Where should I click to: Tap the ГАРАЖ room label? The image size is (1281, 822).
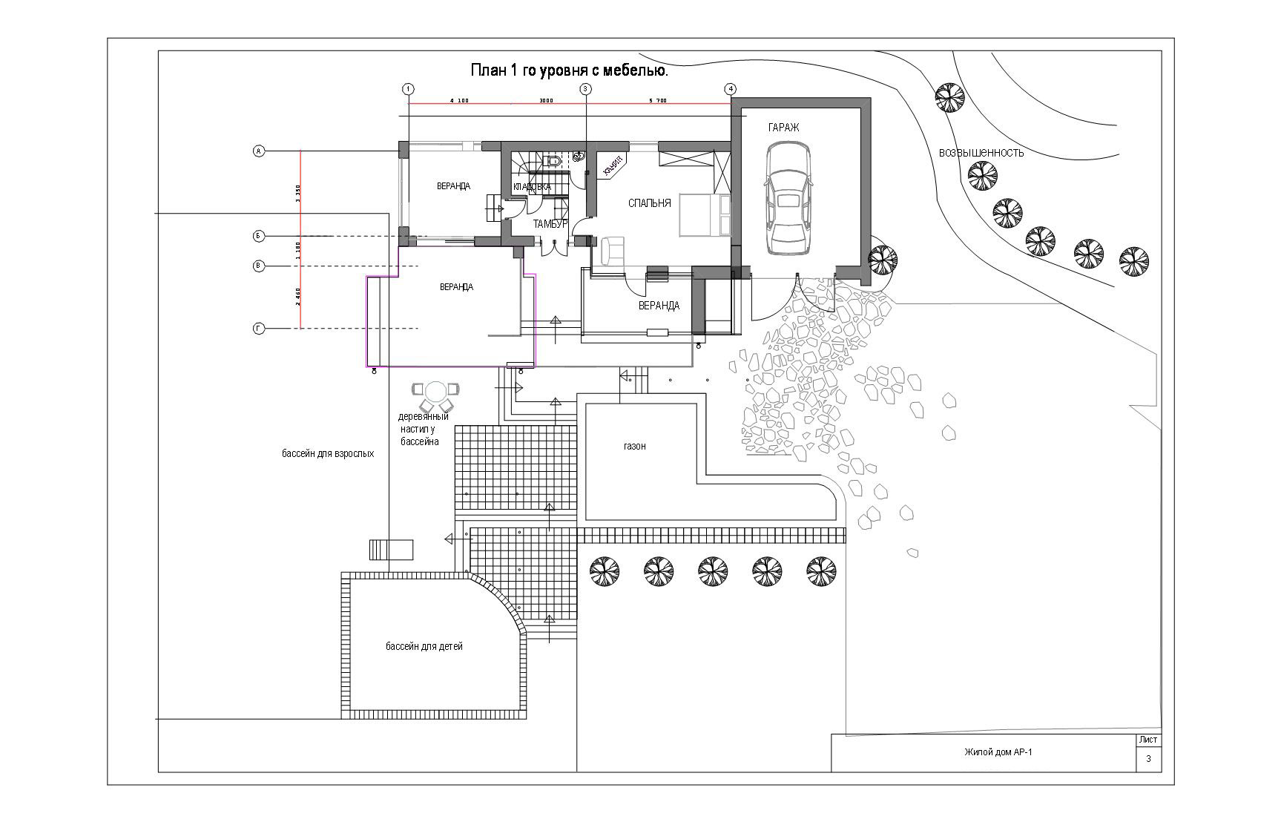click(x=783, y=128)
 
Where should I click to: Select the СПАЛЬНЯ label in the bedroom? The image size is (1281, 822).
click(x=649, y=203)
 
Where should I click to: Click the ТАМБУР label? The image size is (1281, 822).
click(x=550, y=223)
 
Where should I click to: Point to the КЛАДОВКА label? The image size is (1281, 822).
click(x=532, y=187)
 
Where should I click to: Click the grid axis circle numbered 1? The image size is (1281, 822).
click(x=408, y=89)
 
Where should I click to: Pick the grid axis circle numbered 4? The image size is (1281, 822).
click(x=731, y=89)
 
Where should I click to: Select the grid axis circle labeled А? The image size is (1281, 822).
click(x=259, y=151)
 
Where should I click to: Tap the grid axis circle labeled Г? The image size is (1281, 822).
click(x=259, y=328)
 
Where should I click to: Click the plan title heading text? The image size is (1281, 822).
click(x=570, y=71)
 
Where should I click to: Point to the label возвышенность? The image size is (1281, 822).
click(x=981, y=153)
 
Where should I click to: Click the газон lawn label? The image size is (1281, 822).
click(x=634, y=446)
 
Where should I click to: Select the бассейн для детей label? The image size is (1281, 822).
click(x=424, y=646)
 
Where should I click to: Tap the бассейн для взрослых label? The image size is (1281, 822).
click(x=327, y=453)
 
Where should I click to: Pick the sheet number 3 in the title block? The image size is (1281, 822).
click(x=1148, y=759)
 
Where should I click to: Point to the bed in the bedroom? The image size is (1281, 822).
click(x=705, y=214)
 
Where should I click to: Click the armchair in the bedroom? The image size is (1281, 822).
click(x=612, y=249)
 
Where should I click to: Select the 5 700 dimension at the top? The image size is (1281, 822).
click(x=657, y=100)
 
